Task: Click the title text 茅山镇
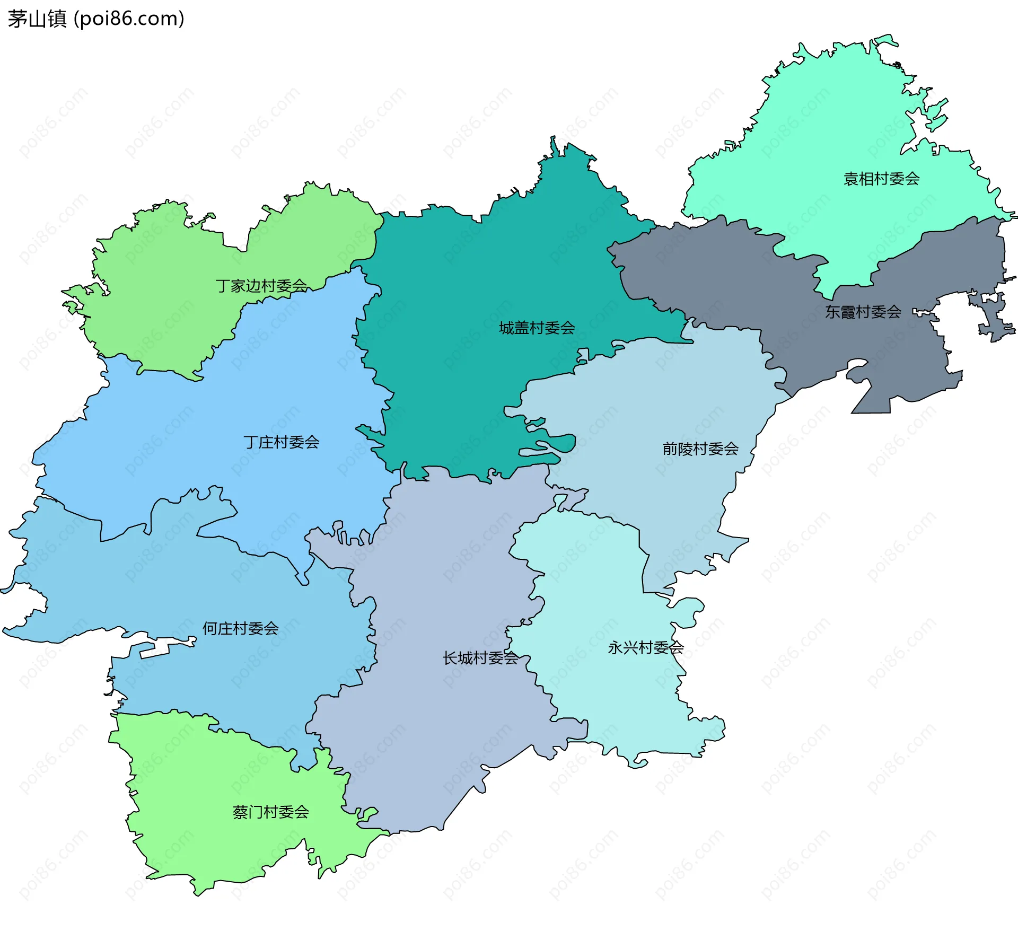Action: pyautogui.click(x=37, y=19)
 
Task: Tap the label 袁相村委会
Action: pyautogui.click(x=881, y=179)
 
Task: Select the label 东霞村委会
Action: pyautogui.click(x=863, y=312)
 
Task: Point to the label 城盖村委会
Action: pyautogui.click(x=537, y=328)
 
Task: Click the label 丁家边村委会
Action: pyautogui.click(x=261, y=286)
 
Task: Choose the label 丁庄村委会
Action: pyautogui.click(x=281, y=442)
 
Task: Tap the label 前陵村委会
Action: pyautogui.click(x=700, y=449)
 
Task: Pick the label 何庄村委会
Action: pyautogui.click(x=240, y=628)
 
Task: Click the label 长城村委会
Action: pyautogui.click(x=480, y=658)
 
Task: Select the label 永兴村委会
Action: pyautogui.click(x=645, y=647)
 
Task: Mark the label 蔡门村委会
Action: pyautogui.click(x=270, y=812)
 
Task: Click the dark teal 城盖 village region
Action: pyautogui.click(x=477, y=265)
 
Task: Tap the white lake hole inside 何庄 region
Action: pyautogui.click(x=154, y=652)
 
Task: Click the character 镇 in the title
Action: pyautogui.click(x=57, y=19)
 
